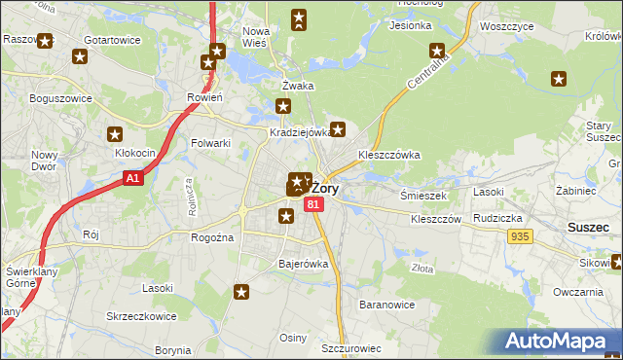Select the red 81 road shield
click(x=312, y=204)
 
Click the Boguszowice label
click(x=60, y=98)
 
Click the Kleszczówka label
click(x=388, y=154)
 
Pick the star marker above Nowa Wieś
click(x=299, y=17)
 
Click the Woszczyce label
click(x=504, y=27)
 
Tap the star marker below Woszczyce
click(x=437, y=51)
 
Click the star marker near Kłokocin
click(x=115, y=135)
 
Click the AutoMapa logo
click(x=559, y=342)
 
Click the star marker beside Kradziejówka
click(x=338, y=127)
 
